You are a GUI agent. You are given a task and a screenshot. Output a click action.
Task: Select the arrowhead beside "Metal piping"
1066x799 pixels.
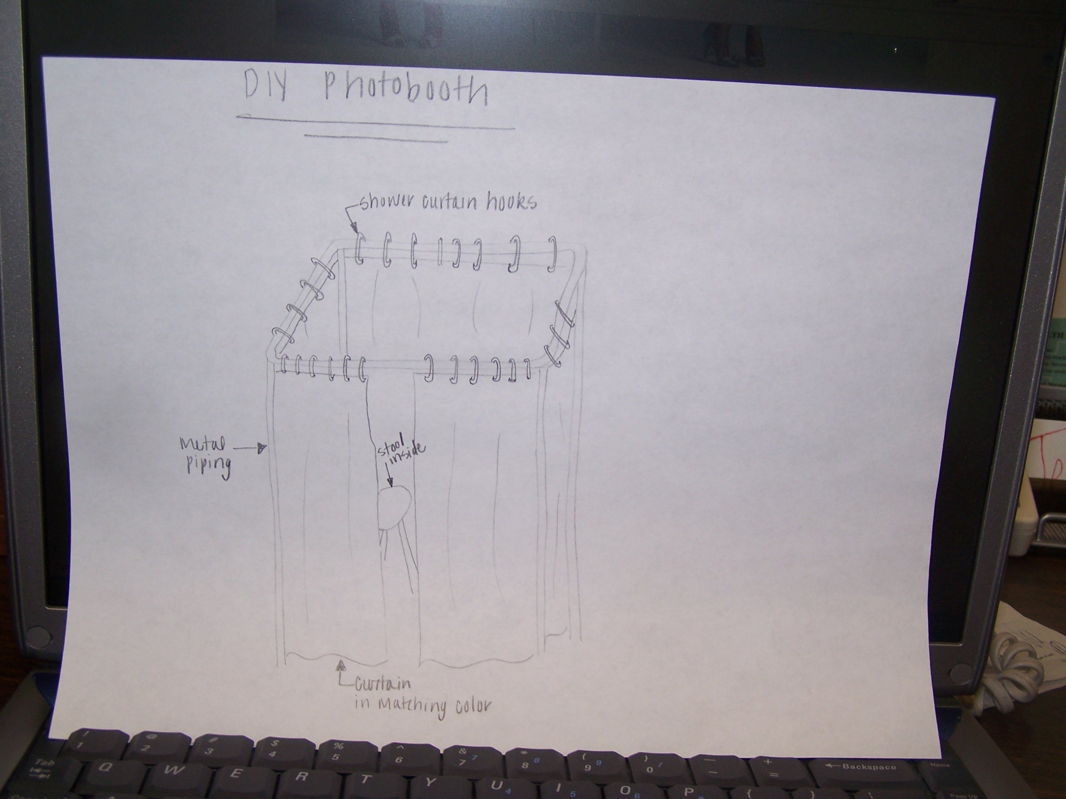click(262, 448)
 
